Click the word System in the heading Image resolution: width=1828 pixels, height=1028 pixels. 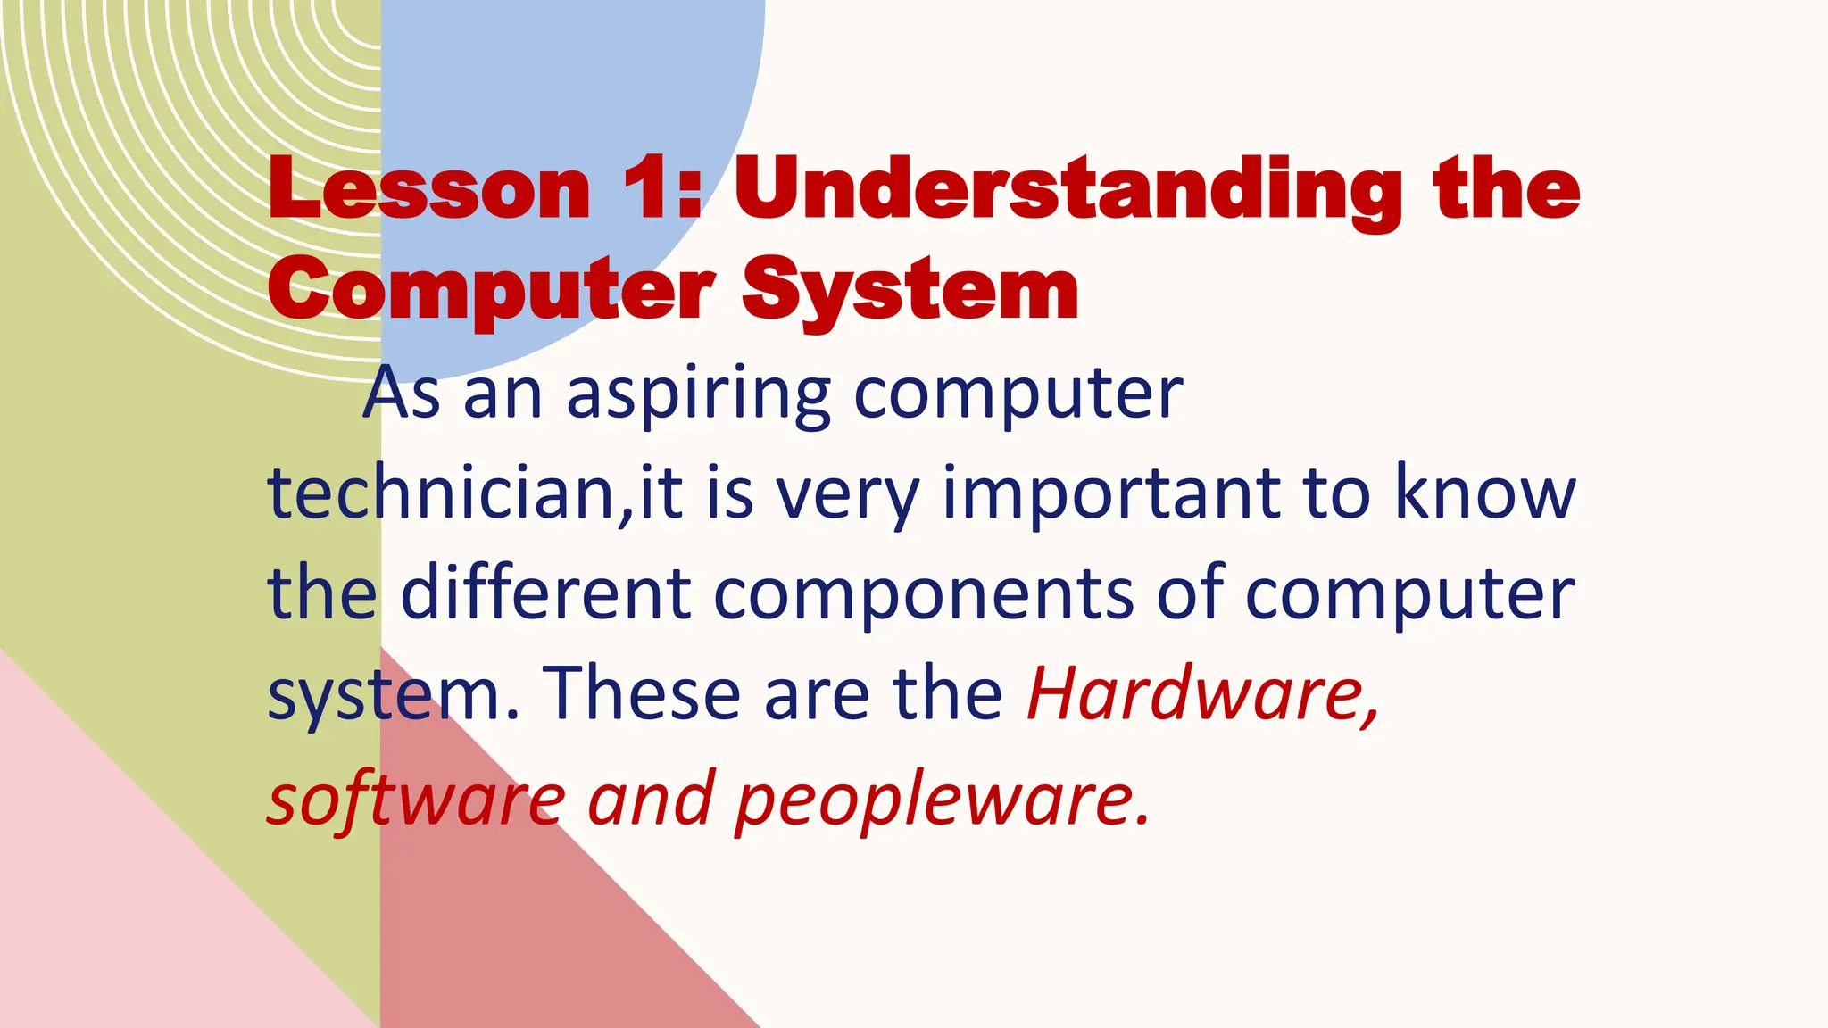[910, 291]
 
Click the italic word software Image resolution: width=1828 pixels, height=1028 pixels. [416, 798]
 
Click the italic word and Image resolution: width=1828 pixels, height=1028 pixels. [651, 798]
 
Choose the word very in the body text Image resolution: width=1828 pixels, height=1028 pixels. [847, 496]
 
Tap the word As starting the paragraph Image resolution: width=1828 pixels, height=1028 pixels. [402, 394]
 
